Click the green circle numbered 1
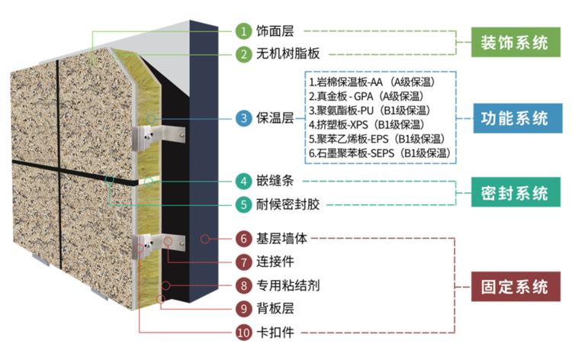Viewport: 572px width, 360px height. tap(243, 31)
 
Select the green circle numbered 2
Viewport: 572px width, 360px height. tap(243, 54)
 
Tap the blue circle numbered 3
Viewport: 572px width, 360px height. tap(243, 118)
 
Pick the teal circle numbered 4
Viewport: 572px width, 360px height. tap(243, 182)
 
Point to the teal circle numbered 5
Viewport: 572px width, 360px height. tap(243, 204)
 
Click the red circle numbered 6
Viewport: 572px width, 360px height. tap(243, 239)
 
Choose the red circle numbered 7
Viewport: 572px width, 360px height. tap(243, 262)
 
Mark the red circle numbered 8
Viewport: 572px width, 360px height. tap(243, 286)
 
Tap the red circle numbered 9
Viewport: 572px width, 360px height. tap(243, 309)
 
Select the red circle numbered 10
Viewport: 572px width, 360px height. tap(243, 333)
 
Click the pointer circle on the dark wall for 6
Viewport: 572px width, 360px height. tap(204, 239)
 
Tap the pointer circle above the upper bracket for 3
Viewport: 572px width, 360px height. tap(151, 118)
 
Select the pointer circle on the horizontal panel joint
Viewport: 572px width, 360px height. tap(110, 180)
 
